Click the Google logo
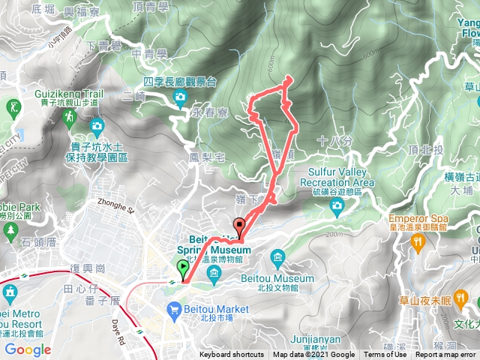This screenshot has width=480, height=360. pyautogui.click(x=28, y=349)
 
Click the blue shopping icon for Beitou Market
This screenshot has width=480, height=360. pyautogui.click(x=175, y=308)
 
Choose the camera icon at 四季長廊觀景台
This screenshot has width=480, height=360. pyautogui.click(x=180, y=97)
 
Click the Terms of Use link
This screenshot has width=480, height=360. pyautogui.click(x=385, y=355)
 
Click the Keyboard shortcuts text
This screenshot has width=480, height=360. pyautogui.click(x=232, y=355)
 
